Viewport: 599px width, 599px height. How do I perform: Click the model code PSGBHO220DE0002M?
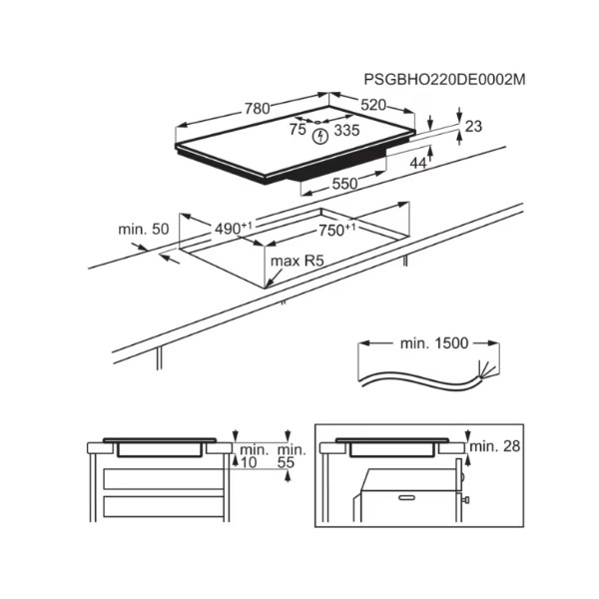click(x=444, y=80)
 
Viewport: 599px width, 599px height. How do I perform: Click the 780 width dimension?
click(x=258, y=109)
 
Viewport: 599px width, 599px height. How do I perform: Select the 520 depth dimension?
click(x=373, y=105)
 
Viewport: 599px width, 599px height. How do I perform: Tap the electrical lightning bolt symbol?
click(x=320, y=137)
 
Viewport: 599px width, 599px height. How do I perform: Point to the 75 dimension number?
click(x=298, y=129)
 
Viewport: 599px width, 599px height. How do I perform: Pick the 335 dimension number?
click(x=346, y=130)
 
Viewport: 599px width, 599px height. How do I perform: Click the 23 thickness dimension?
click(x=473, y=126)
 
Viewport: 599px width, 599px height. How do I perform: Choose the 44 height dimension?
click(x=418, y=163)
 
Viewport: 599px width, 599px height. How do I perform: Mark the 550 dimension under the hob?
click(x=344, y=184)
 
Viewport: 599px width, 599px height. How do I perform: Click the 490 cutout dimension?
click(x=233, y=229)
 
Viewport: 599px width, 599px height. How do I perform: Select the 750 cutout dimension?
click(x=337, y=230)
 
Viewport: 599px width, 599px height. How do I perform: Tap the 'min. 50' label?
click(x=143, y=230)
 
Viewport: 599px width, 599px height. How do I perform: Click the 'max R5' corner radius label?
click(x=297, y=261)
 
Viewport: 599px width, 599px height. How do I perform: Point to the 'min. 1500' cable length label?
click(x=434, y=343)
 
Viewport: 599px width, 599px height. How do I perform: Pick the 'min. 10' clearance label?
click(x=253, y=456)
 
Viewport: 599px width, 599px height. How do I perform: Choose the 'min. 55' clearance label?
click(x=292, y=456)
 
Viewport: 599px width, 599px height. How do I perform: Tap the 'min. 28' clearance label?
click(x=495, y=446)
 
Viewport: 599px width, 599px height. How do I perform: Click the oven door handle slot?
click(x=407, y=498)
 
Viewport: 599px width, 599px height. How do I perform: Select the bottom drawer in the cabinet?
click(x=164, y=506)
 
